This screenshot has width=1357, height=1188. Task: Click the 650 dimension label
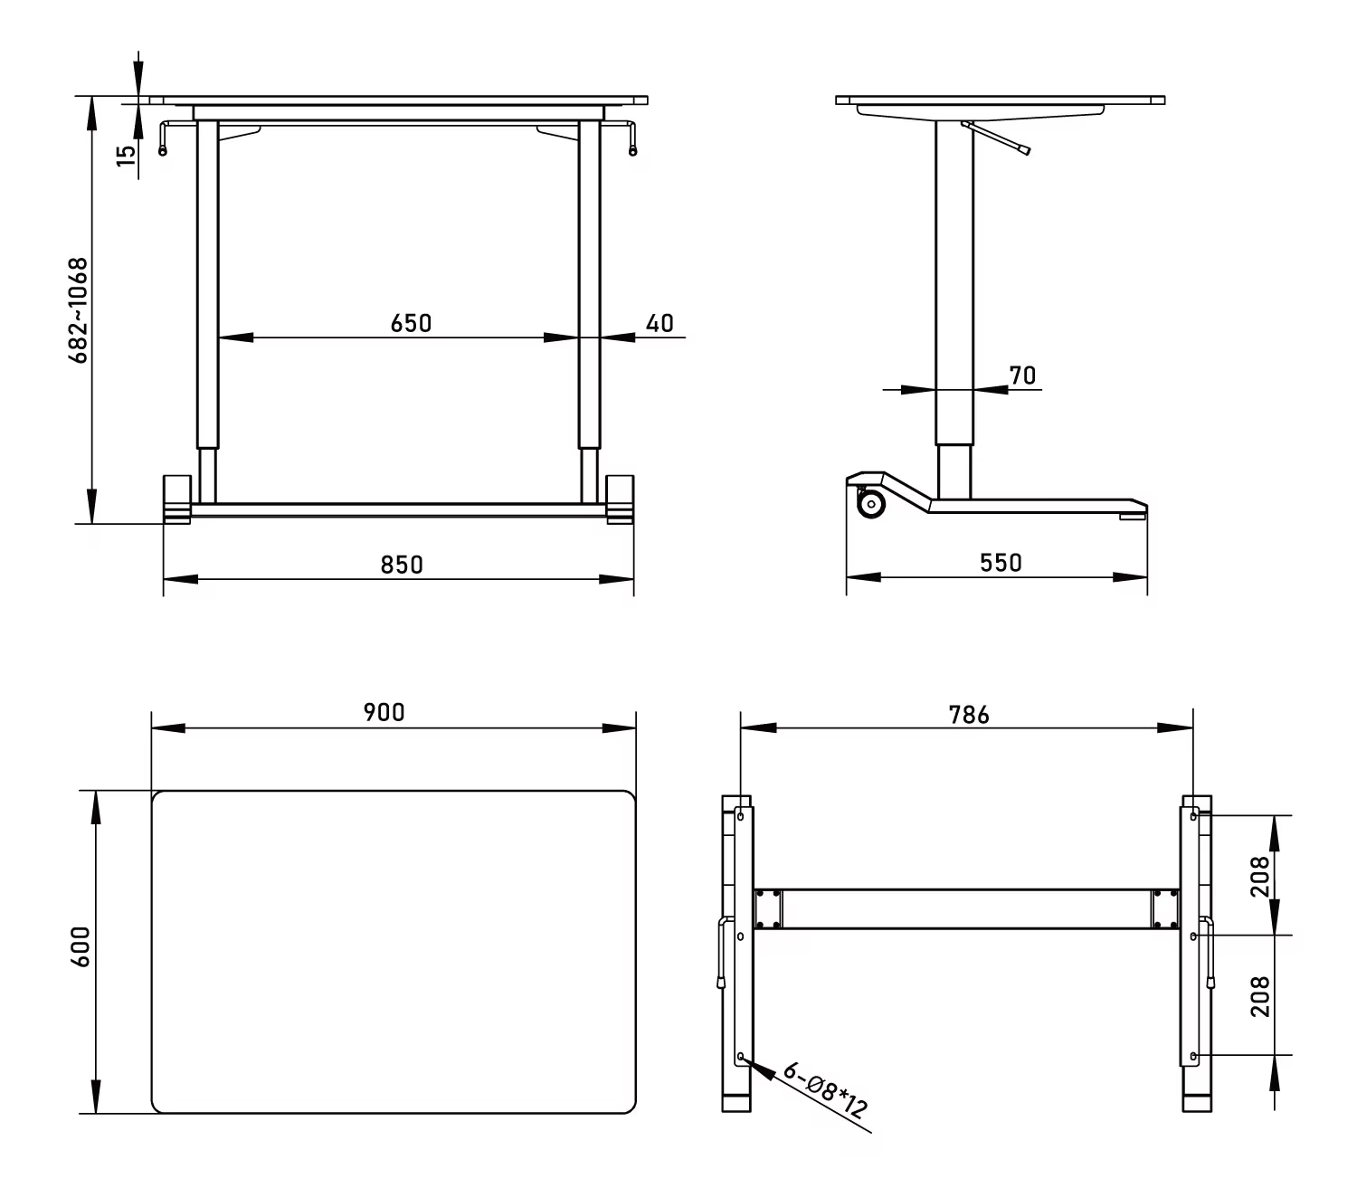click(x=411, y=323)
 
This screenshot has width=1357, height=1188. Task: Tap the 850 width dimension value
click(x=402, y=565)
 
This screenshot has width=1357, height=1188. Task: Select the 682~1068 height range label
click(x=79, y=310)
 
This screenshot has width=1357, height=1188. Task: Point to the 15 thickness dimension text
click(x=126, y=156)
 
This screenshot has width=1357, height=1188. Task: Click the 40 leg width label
click(x=660, y=323)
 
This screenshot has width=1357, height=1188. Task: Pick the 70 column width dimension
click(x=1022, y=375)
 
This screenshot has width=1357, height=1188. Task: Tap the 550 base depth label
click(x=1001, y=563)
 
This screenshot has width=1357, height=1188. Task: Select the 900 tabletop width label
click(x=384, y=712)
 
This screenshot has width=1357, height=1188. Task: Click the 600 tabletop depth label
click(x=81, y=946)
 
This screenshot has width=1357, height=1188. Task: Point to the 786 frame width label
click(x=969, y=715)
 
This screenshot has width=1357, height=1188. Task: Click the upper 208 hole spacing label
click(x=1259, y=876)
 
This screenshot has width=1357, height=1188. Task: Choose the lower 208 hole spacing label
click(x=1259, y=996)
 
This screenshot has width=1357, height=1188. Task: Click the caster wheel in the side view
click(x=871, y=504)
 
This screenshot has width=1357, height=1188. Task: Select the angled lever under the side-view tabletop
click(x=996, y=138)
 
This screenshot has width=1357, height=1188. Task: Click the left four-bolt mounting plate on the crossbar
click(x=768, y=908)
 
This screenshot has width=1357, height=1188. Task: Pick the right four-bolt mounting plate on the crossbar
click(x=1165, y=908)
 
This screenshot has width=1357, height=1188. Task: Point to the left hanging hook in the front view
click(x=164, y=138)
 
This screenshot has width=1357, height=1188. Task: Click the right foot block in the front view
click(x=620, y=499)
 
